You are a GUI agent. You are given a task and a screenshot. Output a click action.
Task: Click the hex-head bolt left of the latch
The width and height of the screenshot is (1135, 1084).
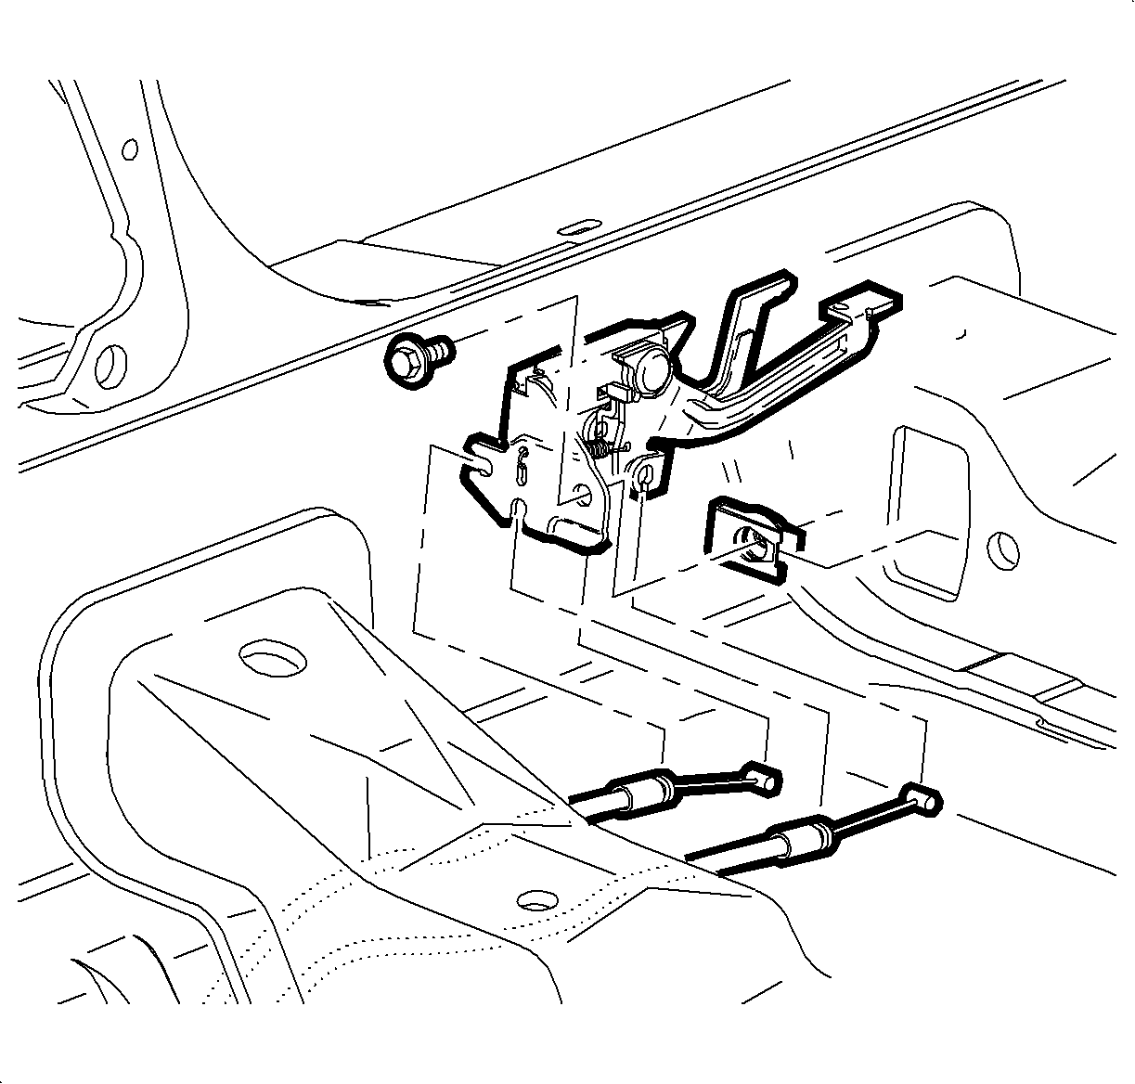coord(415,358)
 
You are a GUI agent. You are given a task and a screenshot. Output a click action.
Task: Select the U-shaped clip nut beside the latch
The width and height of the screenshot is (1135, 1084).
coord(747,541)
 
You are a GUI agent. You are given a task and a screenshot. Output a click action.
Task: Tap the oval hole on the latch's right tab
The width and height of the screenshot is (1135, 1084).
coord(645,477)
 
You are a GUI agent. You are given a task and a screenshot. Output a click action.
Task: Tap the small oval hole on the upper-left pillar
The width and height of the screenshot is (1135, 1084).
coord(130,148)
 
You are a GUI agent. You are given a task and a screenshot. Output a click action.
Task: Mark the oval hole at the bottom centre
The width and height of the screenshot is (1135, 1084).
coord(535,900)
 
